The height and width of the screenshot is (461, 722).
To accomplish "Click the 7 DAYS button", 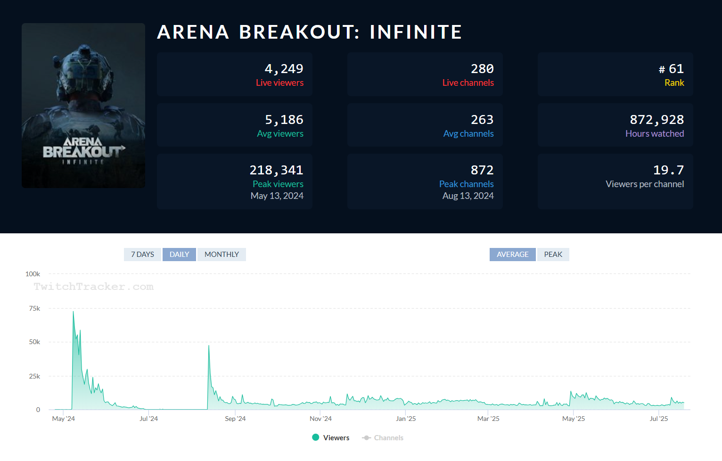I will pyautogui.click(x=142, y=255).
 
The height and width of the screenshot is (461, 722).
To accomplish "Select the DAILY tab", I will pyautogui.click(x=179, y=255).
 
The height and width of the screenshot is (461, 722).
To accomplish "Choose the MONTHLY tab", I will pyautogui.click(x=222, y=255).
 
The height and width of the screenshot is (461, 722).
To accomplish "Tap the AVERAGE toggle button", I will pyautogui.click(x=512, y=255).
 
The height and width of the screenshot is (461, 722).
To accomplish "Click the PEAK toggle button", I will pyautogui.click(x=553, y=255).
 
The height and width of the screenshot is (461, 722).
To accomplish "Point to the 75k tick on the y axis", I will pyautogui.click(x=35, y=308).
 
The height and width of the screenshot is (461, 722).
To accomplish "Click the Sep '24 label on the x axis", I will pyautogui.click(x=235, y=419).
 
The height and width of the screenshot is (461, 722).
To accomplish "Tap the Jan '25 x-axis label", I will pyautogui.click(x=406, y=419).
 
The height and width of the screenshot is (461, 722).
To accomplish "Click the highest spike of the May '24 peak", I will pyautogui.click(x=73, y=312).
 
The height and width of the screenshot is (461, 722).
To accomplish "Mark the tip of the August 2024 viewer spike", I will pyautogui.click(x=209, y=346).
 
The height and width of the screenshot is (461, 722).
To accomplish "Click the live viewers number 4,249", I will pyautogui.click(x=284, y=69).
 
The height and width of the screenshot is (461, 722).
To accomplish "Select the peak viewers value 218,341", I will pyautogui.click(x=276, y=170).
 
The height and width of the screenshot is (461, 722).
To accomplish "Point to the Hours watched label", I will pyautogui.click(x=654, y=134).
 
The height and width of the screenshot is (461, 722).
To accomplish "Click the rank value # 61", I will pyautogui.click(x=671, y=69).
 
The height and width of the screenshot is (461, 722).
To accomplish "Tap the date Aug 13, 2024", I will pyautogui.click(x=468, y=196).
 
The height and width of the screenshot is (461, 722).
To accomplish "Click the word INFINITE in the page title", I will pyautogui.click(x=415, y=32).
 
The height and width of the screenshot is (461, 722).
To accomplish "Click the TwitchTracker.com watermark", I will pyautogui.click(x=93, y=287).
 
